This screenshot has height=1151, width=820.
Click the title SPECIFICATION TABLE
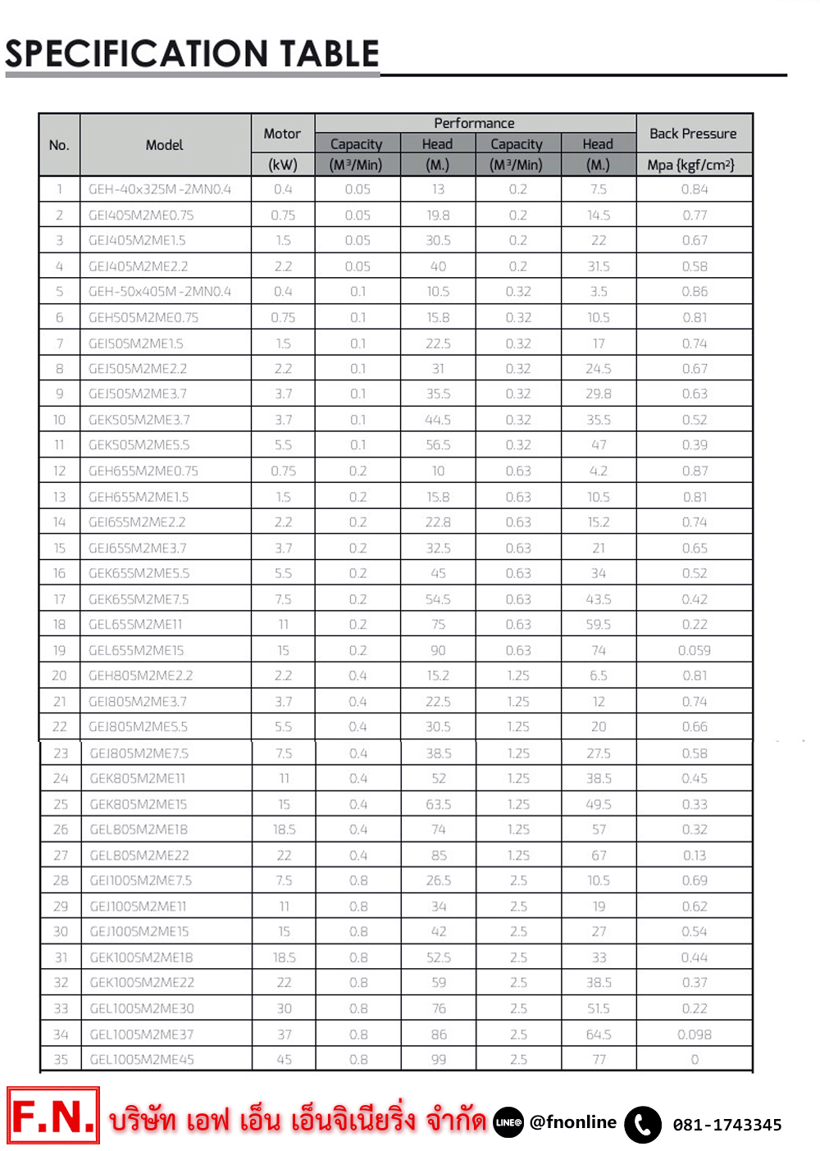[x=192, y=54]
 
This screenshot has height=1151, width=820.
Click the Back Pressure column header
[x=693, y=134]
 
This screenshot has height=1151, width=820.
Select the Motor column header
[x=282, y=134]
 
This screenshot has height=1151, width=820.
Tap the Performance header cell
[x=474, y=123]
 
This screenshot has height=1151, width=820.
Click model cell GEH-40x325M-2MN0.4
[x=160, y=189]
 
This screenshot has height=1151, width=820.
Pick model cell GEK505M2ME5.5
[x=139, y=445]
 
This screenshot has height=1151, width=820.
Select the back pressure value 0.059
[x=694, y=650]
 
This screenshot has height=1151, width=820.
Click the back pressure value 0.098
[x=694, y=1035]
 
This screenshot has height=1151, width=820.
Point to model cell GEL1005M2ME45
[x=142, y=1059]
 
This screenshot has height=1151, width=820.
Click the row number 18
[x=59, y=625]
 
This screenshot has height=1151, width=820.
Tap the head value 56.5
[x=438, y=445]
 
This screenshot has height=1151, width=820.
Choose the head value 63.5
[x=438, y=804]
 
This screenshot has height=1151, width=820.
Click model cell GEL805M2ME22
[x=139, y=855]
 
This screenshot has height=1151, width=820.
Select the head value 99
[x=439, y=1059]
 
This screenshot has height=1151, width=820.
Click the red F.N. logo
[x=53, y=1116]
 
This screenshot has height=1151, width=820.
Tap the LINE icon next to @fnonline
[x=508, y=1122]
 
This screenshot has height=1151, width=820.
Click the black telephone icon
[x=643, y=1125]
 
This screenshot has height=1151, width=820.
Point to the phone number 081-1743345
[x=727, y=1125]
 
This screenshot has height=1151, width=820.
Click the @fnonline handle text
[x=573, y=1122]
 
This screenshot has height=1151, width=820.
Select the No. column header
[x=59, y=145]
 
